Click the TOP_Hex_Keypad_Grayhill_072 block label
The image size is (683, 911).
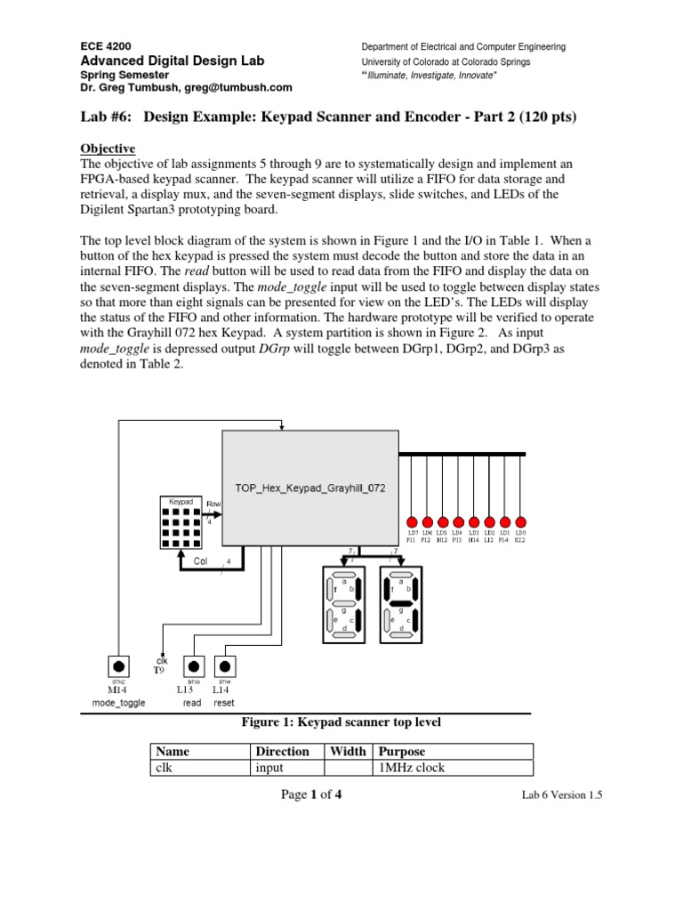[309, 488]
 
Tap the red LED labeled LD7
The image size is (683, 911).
[411, 521]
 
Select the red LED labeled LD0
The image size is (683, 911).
[521, 521]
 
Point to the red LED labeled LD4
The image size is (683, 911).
[458, 521]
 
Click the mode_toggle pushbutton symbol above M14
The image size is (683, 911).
[117, 666]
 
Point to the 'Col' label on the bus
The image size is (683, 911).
[202, 561]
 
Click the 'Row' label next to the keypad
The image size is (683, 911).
[213, 504]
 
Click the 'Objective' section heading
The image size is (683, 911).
[108, 148]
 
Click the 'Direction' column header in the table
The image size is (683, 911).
[283, 752]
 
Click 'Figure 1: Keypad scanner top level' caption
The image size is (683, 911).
[341, 722]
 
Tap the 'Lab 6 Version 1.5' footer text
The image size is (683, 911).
[561, 796]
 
